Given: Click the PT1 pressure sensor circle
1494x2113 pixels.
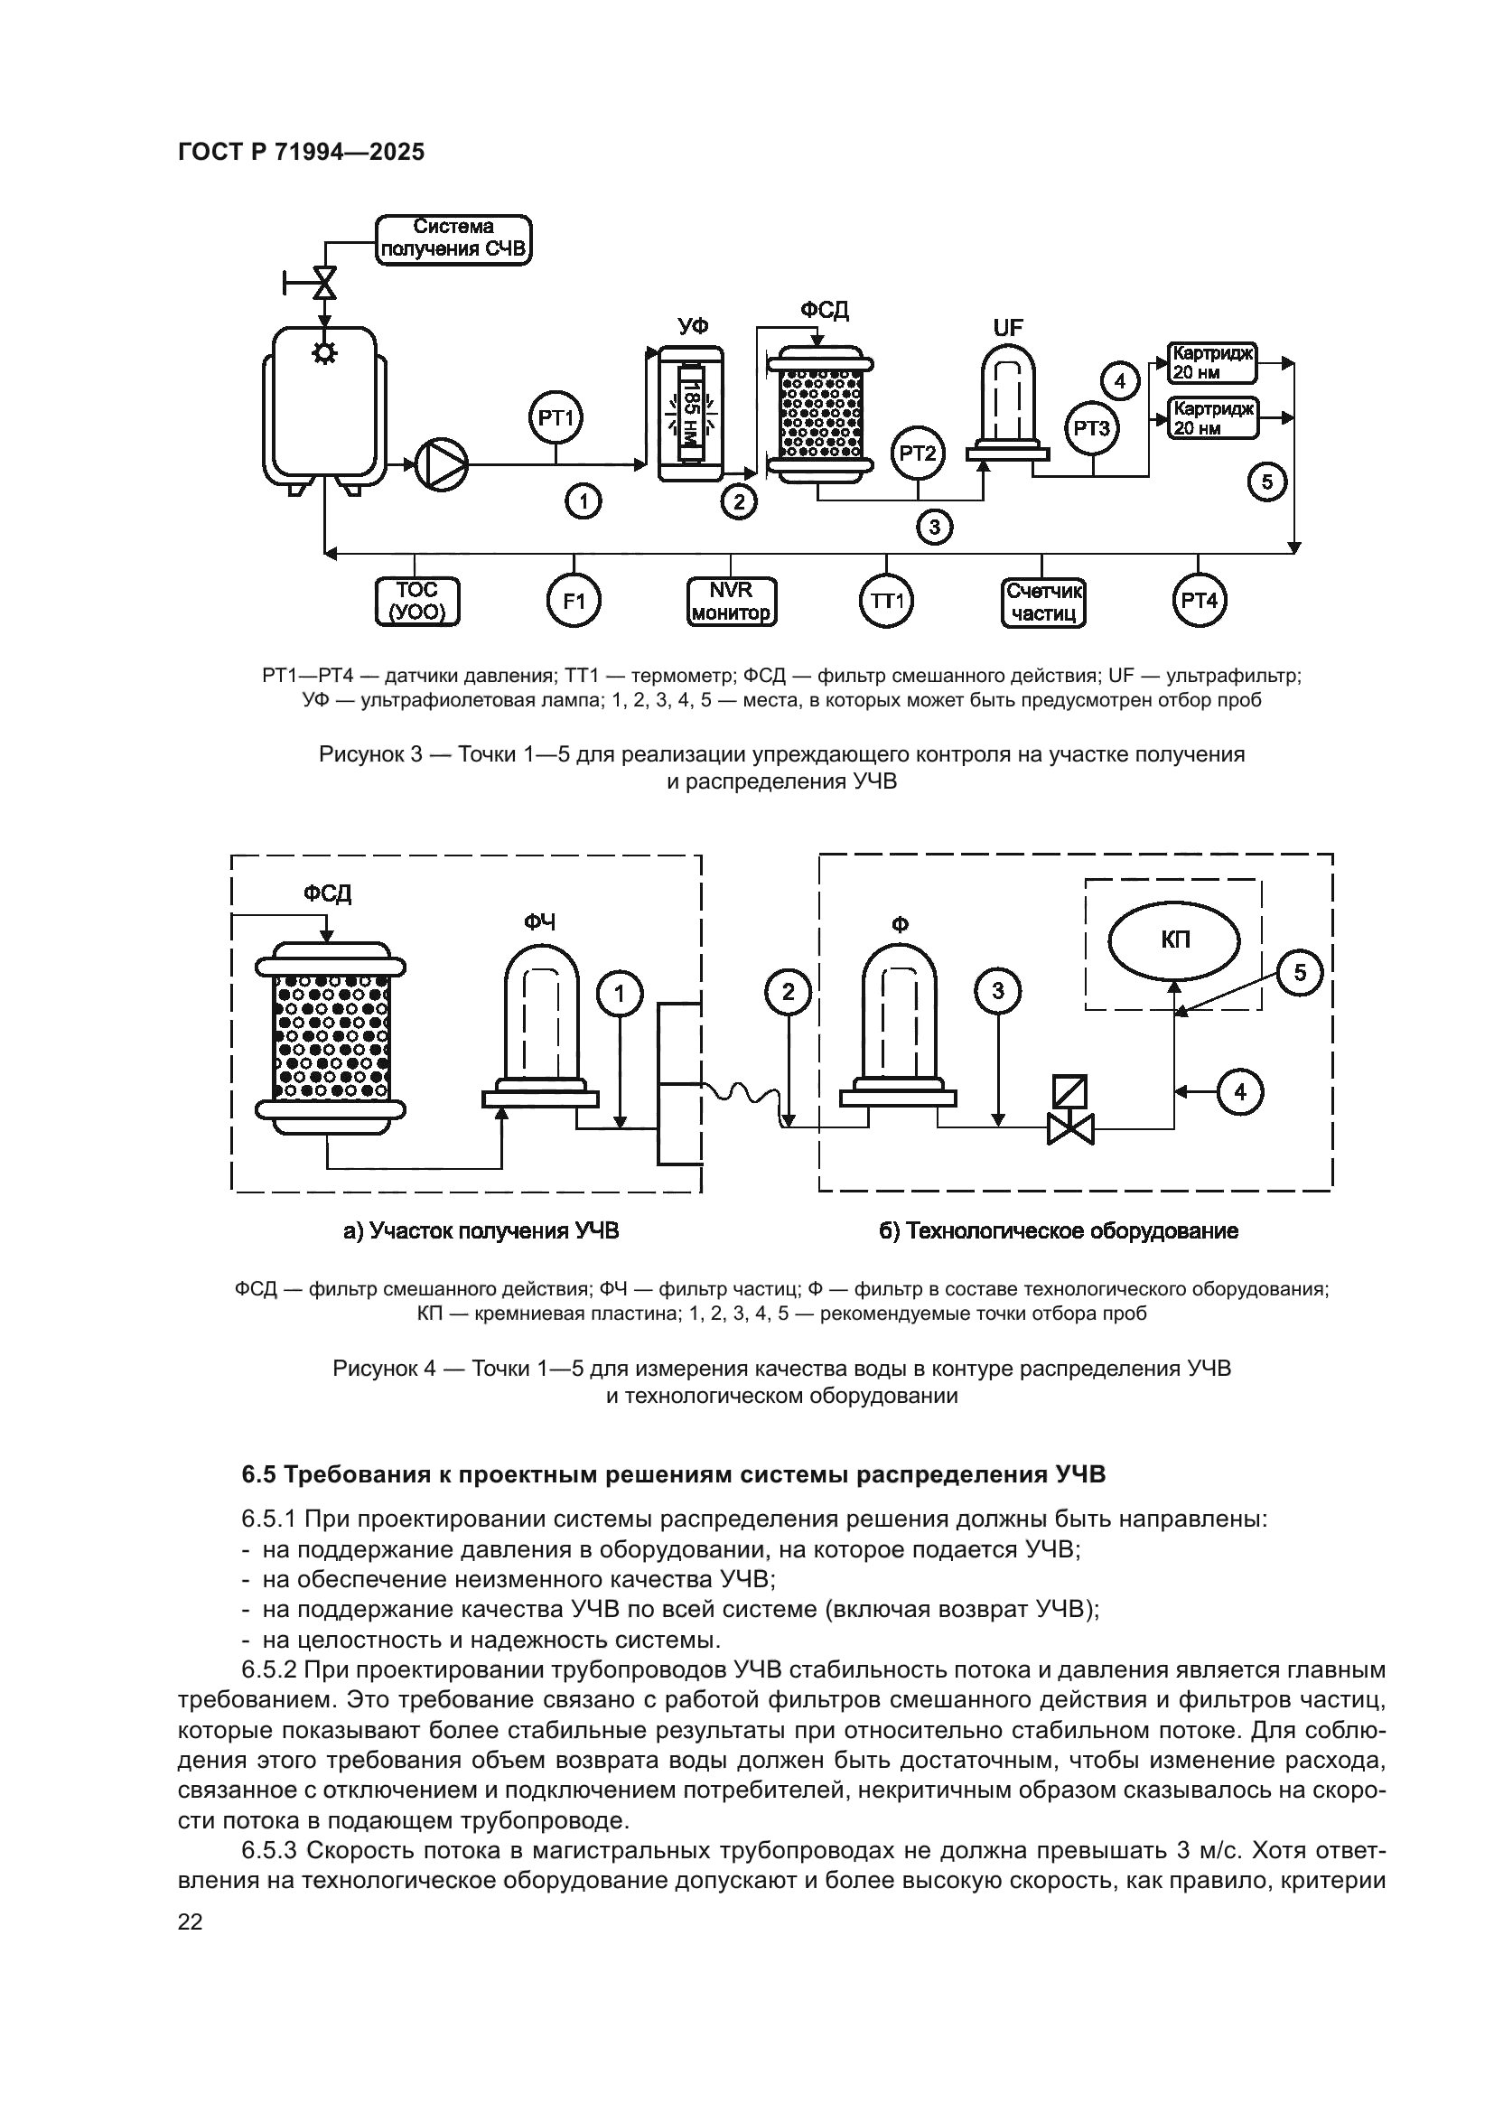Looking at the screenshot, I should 556,419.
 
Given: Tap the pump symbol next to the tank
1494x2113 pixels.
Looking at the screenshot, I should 443,463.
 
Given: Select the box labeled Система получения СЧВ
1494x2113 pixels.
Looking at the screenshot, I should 453,238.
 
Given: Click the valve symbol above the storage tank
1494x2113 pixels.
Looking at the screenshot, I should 325,282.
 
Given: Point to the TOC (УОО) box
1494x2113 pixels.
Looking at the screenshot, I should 417,601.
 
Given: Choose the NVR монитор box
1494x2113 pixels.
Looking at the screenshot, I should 732,601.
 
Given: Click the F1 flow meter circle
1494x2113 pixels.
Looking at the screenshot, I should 574,601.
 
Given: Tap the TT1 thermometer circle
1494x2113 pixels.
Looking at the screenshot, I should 887,601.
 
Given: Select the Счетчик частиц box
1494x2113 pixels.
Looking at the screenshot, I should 1043,602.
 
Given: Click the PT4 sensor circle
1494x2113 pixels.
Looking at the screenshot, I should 1199,601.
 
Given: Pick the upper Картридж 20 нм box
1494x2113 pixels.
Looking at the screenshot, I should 1211,362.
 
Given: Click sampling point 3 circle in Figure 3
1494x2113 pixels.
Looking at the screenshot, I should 935,528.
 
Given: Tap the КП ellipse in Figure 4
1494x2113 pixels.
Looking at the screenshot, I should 1174,940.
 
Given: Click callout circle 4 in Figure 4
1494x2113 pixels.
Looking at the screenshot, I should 1240,1091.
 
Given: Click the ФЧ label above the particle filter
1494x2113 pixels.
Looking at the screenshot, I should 540,921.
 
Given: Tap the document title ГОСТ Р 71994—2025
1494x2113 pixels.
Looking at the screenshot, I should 301,152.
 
